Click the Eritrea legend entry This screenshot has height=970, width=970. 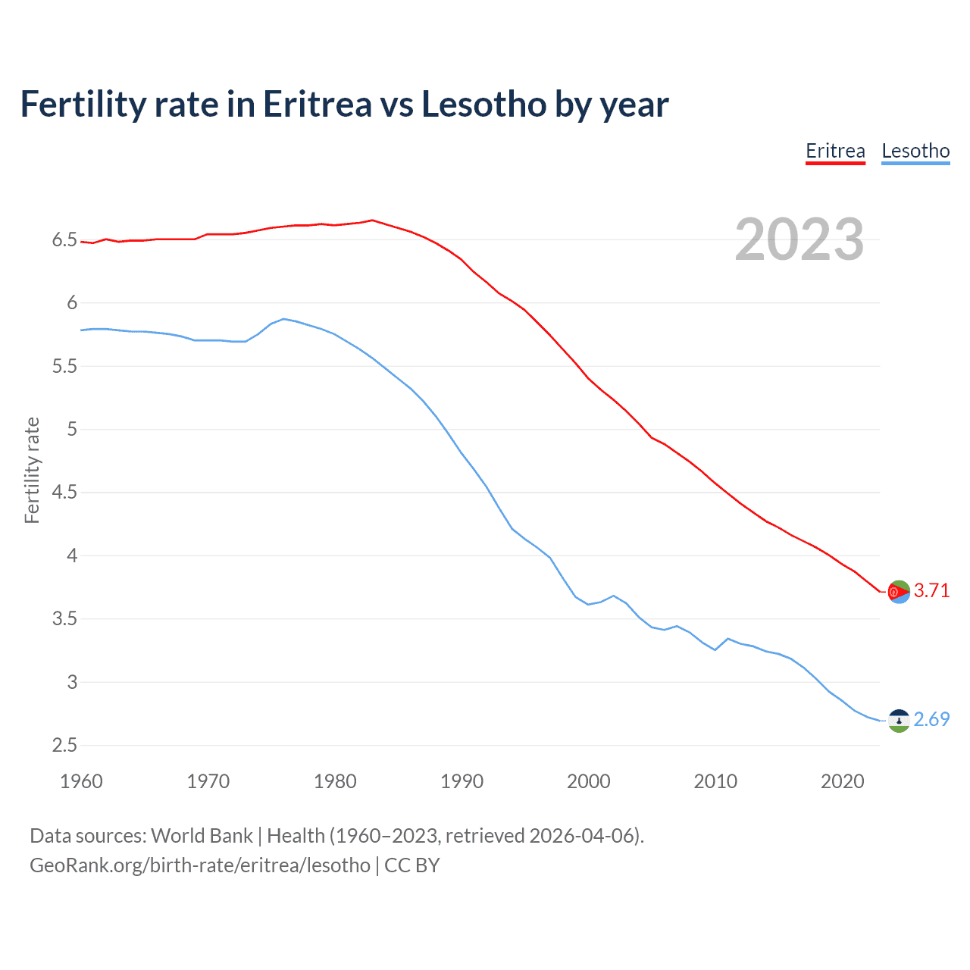tap(835, 151)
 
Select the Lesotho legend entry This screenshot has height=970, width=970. tap(915, 151)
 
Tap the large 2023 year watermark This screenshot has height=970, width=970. tap(799, 239)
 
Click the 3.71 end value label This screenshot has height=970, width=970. tap(931, 590)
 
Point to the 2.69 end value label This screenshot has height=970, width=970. tap(931, 719)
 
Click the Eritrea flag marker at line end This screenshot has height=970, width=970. tap(899, 592)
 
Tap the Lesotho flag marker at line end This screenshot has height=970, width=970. tap(899, 721)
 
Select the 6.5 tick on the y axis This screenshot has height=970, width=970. tap(64, 240)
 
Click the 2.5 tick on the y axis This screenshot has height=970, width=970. tap(64, 745)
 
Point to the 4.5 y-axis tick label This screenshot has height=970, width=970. tap(64, 493)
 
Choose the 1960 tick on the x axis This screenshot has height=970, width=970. tap(81, 781)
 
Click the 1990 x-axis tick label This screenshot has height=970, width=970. tap(462, 781)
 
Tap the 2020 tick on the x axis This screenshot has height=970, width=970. tap(842, 781)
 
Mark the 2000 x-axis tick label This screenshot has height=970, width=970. tap(588, 781)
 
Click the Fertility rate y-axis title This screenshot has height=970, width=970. tap(32, 470)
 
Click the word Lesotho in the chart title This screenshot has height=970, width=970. tap(483, 105)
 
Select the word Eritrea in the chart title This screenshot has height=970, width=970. tap(318, 105)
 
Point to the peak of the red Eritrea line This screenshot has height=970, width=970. tap(371, 221)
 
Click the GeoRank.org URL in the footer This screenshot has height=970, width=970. tap(200, 865)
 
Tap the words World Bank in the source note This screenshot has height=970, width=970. tap(202, 836)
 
